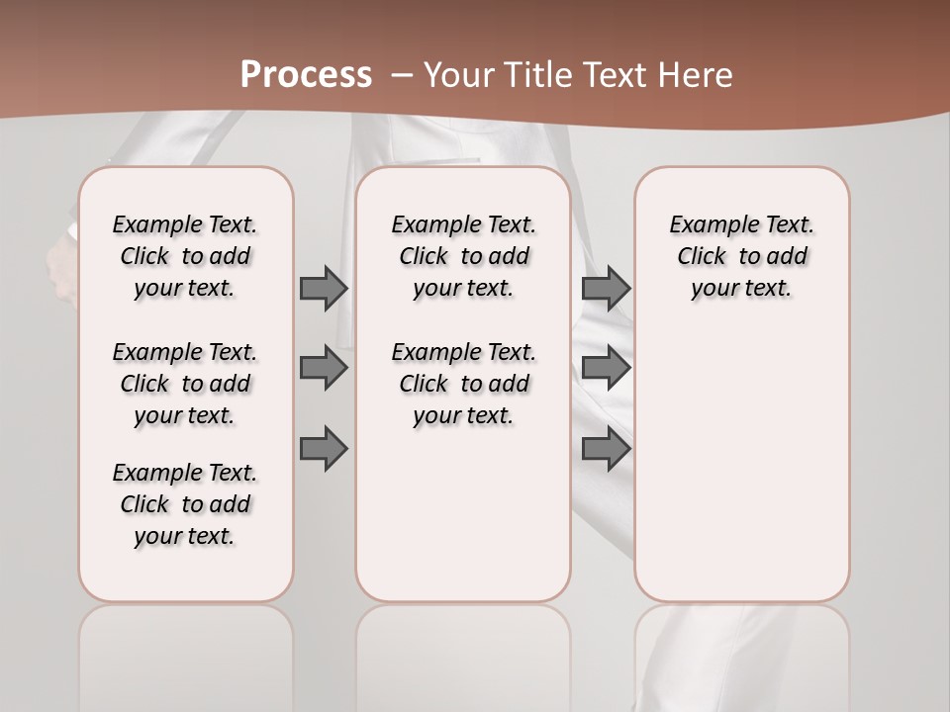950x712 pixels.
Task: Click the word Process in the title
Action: pyautogui.click(x=306, y=74)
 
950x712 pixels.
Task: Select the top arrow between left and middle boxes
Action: pyautogui.click(x=324, y=288)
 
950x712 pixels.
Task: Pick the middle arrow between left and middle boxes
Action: pyautogui.click(x=324, y=368)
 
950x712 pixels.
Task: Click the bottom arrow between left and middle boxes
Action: pyautogui.click(x=324, y=449)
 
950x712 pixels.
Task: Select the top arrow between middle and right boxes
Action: pyautogui.click(x=606, y=288)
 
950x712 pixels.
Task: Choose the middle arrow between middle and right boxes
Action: pyautogui.click(x=606, y=368)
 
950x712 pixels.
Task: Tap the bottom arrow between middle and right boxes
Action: pyautogui.click(x=606, y=449)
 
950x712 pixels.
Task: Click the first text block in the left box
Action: pyautogui.click(x=185, y=256)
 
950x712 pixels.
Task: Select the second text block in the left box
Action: pyautogui.click(x=185, y=384)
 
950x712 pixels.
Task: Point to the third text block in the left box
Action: pyautogui.click(x=185, y=504)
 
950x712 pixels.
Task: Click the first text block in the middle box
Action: pyautogui.click(x=464, y=256)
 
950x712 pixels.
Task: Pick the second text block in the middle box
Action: pyautogui.click(x=464, y=384)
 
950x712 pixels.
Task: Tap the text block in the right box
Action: pyautogui.click(x=742, y=256)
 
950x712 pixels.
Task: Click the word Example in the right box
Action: pyautogui.click(x=710, y=225)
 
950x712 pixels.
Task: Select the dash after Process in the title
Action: pyautogui.click(x=401, y=75)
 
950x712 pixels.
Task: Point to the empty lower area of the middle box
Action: pyautogui.click(x=463, y=514)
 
